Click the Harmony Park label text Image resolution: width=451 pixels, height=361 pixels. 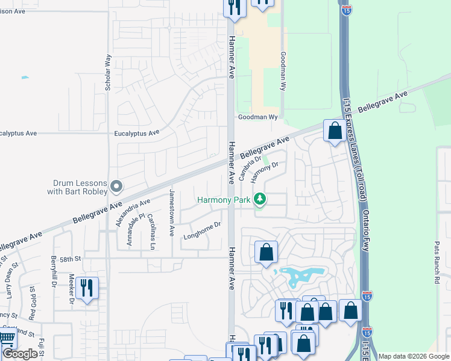point(224,199)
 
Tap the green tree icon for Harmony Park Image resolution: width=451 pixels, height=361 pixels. point(260,199)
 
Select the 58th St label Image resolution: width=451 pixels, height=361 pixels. point(70,259)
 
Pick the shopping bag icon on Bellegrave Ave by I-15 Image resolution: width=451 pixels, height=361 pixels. point(334,130)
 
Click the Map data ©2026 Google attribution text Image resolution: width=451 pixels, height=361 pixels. point(414,356)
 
